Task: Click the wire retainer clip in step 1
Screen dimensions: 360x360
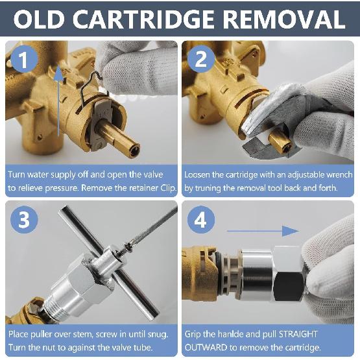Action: point(88,91)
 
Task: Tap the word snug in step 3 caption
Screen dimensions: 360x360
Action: point(158,333)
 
